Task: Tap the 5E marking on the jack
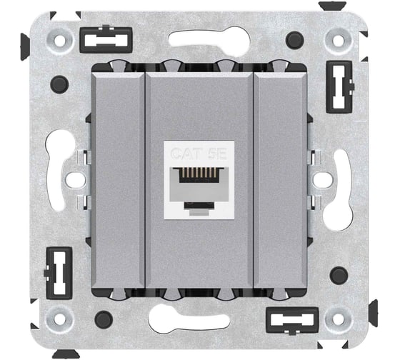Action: (x=217, y=154)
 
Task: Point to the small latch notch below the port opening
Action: (x=199, y=206)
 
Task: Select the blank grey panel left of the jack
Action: (x=119, y=181)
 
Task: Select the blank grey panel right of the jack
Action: (x=280, y=181)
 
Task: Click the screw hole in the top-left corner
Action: (x=60, y=41)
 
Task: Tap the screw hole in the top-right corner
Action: (x=339, y=39)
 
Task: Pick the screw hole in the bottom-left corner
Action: (x=60, y=319)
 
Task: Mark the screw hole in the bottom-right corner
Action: (x=339, y=319)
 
